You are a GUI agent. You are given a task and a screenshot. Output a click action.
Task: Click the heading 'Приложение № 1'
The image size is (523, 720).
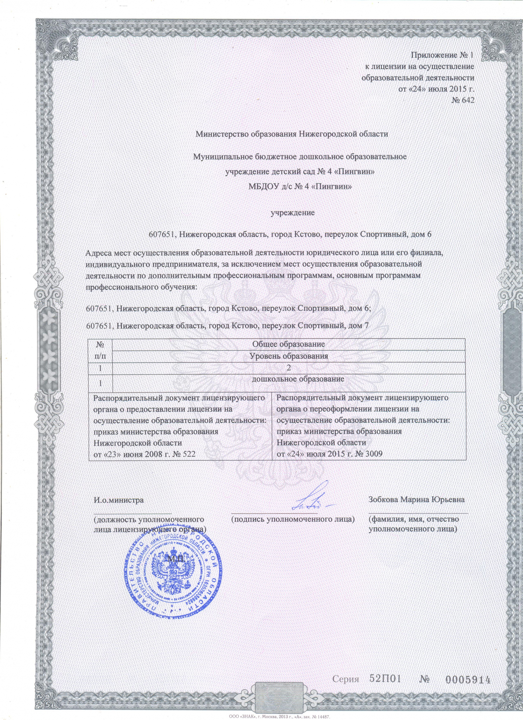[442, 55]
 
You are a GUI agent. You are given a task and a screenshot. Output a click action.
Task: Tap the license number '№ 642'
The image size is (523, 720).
[463, 100]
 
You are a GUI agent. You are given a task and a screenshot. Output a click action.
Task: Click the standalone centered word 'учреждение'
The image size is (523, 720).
[293, 213]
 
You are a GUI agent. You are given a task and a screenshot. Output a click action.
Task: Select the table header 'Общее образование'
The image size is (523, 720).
[288, 344]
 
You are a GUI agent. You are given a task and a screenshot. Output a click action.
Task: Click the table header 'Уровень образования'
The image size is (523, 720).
[289, 356]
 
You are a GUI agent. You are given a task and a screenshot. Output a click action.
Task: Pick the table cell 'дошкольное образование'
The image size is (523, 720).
[298, 379]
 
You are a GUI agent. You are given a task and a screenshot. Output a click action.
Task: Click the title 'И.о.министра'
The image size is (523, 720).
[118, 500]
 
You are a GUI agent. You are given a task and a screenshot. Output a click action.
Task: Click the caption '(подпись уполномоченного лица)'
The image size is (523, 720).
[293, 519]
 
